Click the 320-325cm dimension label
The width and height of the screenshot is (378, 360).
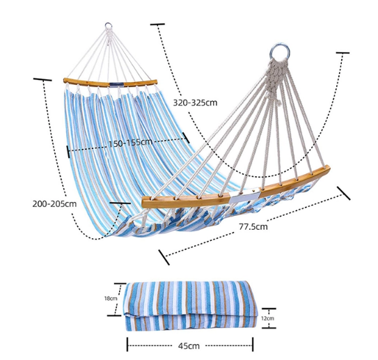195,103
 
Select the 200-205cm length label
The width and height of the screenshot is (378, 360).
54,204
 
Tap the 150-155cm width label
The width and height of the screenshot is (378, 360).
130,143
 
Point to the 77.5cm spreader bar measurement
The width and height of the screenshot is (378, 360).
253,227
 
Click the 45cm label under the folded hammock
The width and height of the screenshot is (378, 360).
189,346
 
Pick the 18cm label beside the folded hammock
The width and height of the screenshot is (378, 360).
111,299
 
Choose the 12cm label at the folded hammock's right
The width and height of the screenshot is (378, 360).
267,318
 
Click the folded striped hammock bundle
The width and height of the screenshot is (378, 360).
191,306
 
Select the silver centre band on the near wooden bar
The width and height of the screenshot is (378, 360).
244,197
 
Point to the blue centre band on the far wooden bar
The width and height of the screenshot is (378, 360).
117,85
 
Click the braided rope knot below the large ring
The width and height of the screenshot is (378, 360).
276,79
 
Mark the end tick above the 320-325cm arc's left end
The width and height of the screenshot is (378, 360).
157,24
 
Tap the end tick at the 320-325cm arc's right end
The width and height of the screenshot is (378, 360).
342,52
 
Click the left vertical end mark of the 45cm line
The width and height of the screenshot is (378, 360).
127,344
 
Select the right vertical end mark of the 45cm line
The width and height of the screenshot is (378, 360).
253,344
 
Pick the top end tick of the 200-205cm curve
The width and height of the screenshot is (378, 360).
42,79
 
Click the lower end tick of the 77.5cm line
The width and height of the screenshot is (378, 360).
164,257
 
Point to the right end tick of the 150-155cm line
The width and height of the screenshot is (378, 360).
186,137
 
